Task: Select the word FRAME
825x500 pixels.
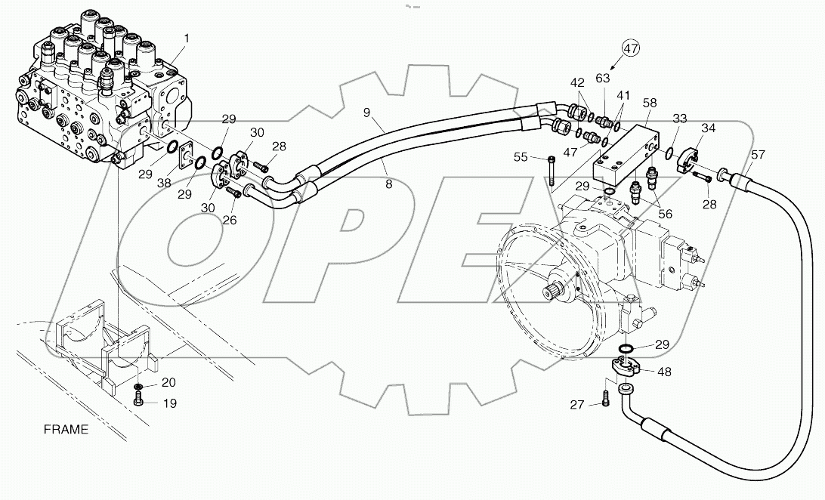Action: coord(66,430)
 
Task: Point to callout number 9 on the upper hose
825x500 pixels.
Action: coord(366,113)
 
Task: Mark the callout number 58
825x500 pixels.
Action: coord(649,102)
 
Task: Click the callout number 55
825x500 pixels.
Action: coord(521,158)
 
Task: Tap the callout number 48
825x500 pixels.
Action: coord(665,372)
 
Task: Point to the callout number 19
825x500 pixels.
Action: coord(169,403)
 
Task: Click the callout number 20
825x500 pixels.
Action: coord(169,382)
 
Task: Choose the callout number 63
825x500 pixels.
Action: coord(603,77)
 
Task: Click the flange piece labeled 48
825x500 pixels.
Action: coord(627,369)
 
